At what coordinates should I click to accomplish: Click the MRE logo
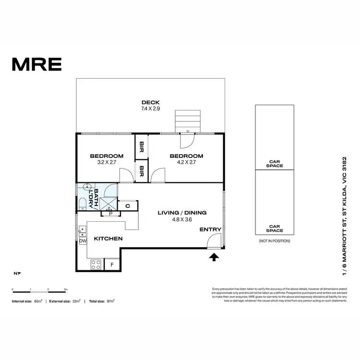(36, 63)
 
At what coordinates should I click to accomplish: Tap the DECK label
(150, 102)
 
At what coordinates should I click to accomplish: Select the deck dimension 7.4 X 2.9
(150, 109)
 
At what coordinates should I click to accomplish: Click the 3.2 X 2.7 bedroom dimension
(107, 162)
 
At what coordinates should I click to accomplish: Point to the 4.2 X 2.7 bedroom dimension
(186, 162)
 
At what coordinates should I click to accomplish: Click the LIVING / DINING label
(182, 213)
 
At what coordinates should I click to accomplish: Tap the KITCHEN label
(108, 239)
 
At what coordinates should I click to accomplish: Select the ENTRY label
(210, 229)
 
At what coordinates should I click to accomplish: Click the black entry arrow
(214, 257)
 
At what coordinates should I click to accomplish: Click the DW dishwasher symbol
(83, 241)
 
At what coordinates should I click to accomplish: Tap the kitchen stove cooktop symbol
(96, 264)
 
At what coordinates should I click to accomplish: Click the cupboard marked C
(128, 206)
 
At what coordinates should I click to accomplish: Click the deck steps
(188, 120)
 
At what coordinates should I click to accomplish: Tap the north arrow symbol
(17, 273)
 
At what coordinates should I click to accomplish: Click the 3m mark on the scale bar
(66, 290)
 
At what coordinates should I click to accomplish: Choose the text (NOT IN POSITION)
(275, 240)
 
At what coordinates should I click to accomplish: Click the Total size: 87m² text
(101, 301)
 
